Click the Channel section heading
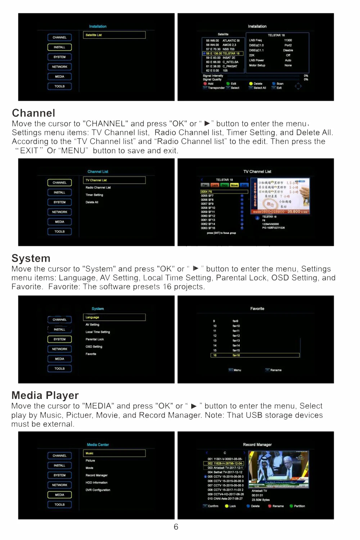(33, 113)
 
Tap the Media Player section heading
(45, 395)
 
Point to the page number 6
(176, 527)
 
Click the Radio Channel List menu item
(98, 188)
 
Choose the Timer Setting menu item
(94, 195)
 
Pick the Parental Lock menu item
(95, 339)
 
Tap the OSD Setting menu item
(94, 347)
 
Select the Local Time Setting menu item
(98, 332)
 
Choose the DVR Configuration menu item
(98, 490)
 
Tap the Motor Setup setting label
(257, 66)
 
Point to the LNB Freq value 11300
(288, 40)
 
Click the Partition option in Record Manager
(299, 506)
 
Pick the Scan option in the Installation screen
(280, 84)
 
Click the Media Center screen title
(98, 445)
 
